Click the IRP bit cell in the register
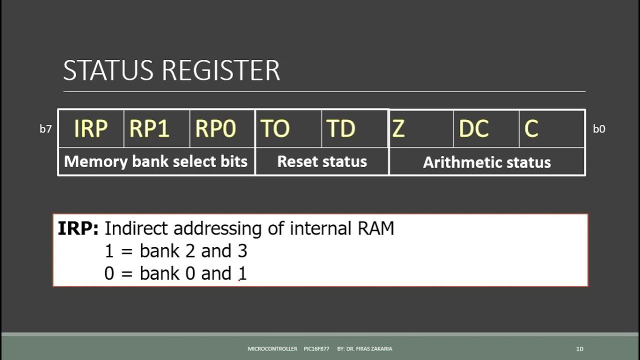pyautogui.click(x=91, y=129)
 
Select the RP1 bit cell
pyautogui.click(x=156, y=129)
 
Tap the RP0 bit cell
pyautogui.click(x=222, y=129)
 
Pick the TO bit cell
pyautogui.click(x=288, y=129)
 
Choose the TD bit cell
pyautogui.click(x=354, y=129)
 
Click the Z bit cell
pyautogui.click(x=421, y=129)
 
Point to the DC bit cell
pyautogui.click(x=486, y=129)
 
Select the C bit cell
pyautogui.click(x=552, y=129)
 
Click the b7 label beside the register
pyautogui.click(x=45, y=129)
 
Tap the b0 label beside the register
pyautogui.click(x=599, y=129)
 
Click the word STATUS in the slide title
pyautogui.click(x=108, y=70)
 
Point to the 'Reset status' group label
pyautogui.click(x=322, y=161)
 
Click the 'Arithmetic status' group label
pyautogui.click(x=487, y=162)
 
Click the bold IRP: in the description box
pyautogui.click(x=78, y=228)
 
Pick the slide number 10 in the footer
pyautogui.click(x=579, y=349)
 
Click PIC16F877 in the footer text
pyautogui.click(x=316, y=349)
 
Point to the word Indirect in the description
pyautogui.click(x=136, y=228)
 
